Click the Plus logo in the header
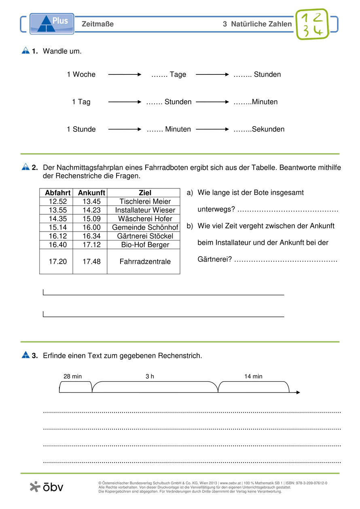[52, 23]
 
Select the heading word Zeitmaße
[97, 24]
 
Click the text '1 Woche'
[81, 74]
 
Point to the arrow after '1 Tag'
[125, 102]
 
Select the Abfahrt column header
[56, 193]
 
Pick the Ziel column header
[145, 193]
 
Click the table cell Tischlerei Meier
[145, 201]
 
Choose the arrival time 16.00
[91, 228]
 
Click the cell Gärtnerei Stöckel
[145, 236]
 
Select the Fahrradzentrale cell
[145, 262]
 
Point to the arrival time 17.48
[91, 262]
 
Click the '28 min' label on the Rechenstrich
[72, 376]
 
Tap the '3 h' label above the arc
[150, 376]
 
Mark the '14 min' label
[253, 376]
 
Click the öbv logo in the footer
[47, 487]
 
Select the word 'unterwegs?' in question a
[216, 209]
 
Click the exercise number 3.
[35, 356]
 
